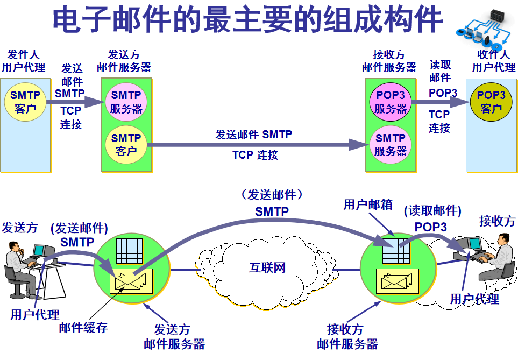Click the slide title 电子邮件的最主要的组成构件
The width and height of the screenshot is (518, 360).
coord(247,20)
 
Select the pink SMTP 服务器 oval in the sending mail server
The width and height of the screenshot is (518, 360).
coord(126,102)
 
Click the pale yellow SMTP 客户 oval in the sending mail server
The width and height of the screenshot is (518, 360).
coord(126,145)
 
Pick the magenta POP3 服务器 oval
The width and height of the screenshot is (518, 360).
coord(391,102)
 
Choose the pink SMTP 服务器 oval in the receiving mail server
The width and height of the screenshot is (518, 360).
coord(391,145)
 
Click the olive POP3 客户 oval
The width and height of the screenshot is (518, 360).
coord(492,102)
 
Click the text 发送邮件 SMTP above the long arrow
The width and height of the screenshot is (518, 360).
coord(253,135)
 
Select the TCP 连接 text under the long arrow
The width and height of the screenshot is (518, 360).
coord(255,156)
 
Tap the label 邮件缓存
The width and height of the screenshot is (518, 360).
coord(83,328)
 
